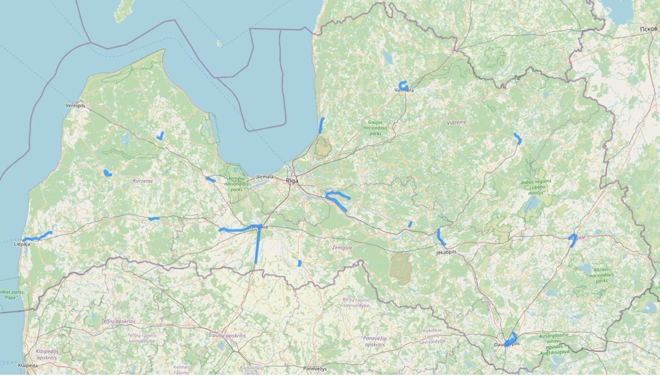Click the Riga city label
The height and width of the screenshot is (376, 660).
pos(291,180)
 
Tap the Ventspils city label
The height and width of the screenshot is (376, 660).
pos(75,105)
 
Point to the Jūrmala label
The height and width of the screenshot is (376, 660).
pos(265,177)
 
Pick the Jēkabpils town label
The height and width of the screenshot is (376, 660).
pos(446,251)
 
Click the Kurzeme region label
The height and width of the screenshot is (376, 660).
pos(142,180)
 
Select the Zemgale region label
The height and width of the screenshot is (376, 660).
pos(342,248)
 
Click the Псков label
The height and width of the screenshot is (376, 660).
pos(649,28)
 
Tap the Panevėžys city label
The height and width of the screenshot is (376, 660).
pos(315,368)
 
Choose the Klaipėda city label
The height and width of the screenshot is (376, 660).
pos(28,365)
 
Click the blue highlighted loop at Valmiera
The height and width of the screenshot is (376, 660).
pos(403,85)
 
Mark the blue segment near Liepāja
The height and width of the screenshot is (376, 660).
pos(37,237)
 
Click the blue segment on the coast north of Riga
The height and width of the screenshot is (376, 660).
pos(321,125)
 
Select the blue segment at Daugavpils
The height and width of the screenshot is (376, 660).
pos(512,338)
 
